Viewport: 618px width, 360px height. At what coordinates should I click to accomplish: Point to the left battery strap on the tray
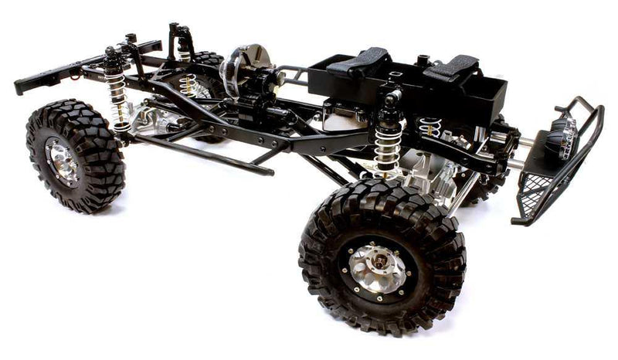pos(361,61)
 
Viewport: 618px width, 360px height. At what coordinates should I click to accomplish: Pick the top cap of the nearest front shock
pos(391,99)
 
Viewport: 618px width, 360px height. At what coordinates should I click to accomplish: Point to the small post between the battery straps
pos(422,59)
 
